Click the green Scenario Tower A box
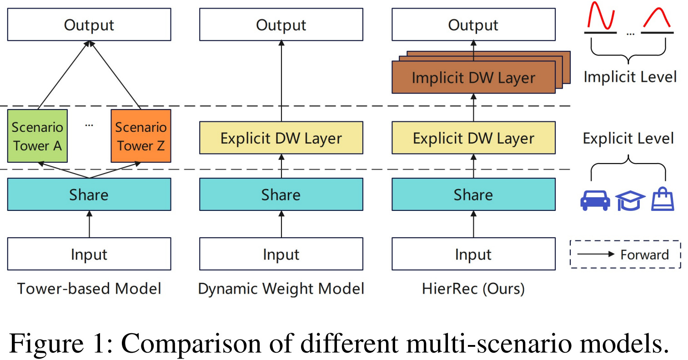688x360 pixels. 37,136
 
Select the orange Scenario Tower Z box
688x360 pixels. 141,136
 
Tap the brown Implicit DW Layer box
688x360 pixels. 473,78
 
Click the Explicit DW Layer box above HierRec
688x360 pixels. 473,138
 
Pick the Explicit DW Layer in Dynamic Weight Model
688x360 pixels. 281,138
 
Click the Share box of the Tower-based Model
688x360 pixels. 89,195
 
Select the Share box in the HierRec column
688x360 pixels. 473,195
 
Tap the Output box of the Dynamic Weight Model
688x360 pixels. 281,25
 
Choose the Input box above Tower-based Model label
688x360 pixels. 89,254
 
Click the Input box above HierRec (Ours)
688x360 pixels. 473,254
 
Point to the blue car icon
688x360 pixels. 595,200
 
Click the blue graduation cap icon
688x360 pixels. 630,200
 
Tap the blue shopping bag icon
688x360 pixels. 663,200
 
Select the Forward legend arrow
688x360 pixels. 596,254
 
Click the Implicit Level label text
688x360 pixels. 630,77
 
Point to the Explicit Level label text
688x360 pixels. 628,138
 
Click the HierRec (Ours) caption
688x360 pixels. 473,289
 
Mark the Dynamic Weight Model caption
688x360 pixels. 281,289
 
